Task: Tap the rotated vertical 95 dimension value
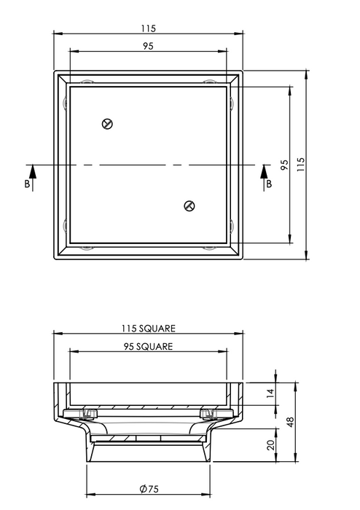pyautogui.click(x=284, y=165)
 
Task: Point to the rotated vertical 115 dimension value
pyautogui.click(x=301, y=165)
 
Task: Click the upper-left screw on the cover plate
pyautogui.click(x=108, y=124)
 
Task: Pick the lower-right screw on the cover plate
pyautogui.click(x=189, y=206)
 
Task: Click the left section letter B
pyautogui.click(x=27, y=184)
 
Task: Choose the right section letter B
pyautogui.click(x=268, y=184)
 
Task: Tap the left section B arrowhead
pyautogui.click(x=27, y=169)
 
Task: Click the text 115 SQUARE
pyautogui.click(x=149, y=329)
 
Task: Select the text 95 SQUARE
pyautogui.click(x=149, y=347)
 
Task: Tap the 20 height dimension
pyautogui.click(x=270, y=445)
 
